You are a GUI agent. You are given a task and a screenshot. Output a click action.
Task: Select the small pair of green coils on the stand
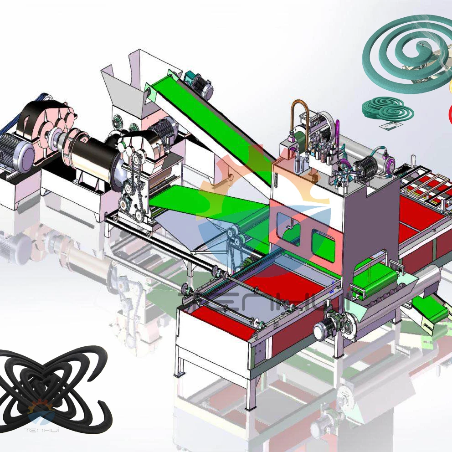[x=388, y=109]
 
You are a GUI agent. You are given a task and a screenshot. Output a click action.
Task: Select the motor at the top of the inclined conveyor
[x=200, y=85]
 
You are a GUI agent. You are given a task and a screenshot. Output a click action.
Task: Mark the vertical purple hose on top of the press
[x=338, y=132]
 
